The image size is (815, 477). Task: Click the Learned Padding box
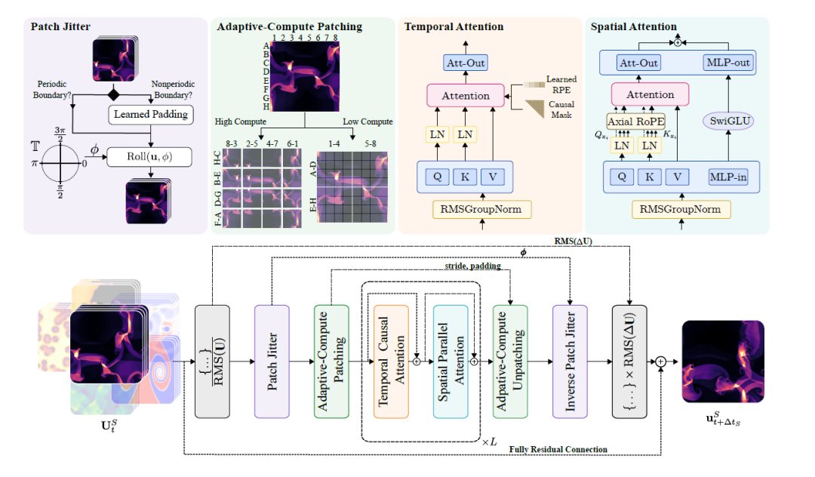(150, 115)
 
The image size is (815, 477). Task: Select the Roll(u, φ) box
(150, 156)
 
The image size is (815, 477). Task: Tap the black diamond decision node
(114, 94)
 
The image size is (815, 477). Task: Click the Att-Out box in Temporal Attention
(465, 64)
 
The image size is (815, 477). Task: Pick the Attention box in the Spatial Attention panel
(650, 95)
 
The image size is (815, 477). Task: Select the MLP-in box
(730, 177)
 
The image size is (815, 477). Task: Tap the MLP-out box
(730, 63)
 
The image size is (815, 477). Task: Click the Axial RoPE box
(636, 122)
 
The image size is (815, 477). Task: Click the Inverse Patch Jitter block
(570, 362)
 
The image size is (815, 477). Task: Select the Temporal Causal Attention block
(390, 362)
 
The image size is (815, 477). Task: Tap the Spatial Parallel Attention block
(451, 362)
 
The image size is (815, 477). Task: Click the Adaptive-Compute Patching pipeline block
(331, 362)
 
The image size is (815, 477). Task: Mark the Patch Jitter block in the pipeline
(272, 362)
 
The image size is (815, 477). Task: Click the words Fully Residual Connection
(558, 450)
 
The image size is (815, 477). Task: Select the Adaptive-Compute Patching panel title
(290, 27)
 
